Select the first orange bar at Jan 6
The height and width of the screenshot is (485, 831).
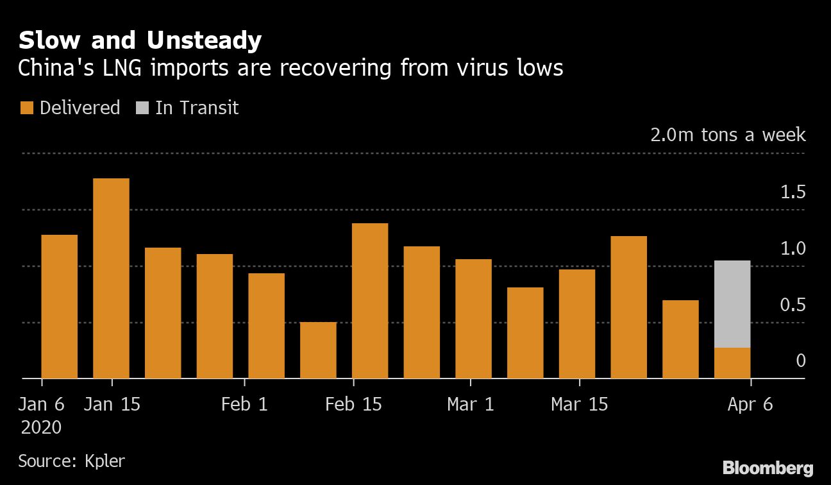(59, 306)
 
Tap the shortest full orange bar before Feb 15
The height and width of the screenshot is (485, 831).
(318, 350)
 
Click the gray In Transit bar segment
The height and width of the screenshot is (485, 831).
(732, 303)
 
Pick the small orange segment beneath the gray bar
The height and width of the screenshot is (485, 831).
(732, 362)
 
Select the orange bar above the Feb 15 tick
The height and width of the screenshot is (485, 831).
(370, 300)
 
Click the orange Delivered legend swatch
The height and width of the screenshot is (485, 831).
(26, 108)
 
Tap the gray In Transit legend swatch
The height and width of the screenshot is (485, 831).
(141, 108)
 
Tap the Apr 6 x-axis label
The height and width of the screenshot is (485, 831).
(750, 404)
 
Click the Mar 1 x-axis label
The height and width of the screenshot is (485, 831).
(471, 404)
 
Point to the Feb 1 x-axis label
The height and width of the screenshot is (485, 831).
(244, 404)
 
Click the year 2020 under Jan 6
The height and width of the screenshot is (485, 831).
(41, 427)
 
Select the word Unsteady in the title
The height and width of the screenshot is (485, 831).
(204, 40)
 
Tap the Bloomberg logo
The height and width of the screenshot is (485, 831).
(768, 468)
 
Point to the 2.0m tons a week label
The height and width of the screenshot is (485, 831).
(728, 135)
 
